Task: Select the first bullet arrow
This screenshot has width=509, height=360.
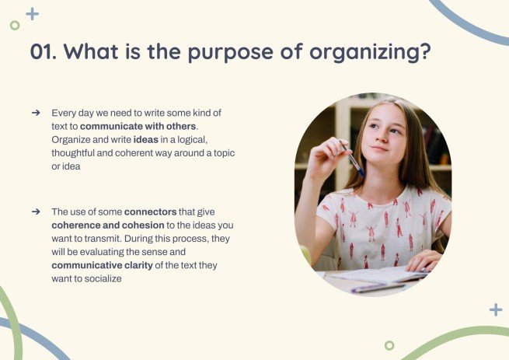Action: (x=35, y=113)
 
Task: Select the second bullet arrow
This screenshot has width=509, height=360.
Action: (x=35, y=211)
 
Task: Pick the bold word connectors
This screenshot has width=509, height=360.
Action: (x=150, y=211)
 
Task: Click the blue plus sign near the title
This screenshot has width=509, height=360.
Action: (x=32, y=13)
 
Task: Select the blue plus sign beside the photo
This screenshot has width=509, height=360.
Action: (x=495, y=309)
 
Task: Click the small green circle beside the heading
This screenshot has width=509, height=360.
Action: (x=15, y=25)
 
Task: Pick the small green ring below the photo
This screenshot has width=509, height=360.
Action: (x=389, y=345)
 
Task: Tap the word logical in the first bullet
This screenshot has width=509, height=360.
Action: (x=193, y=140)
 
